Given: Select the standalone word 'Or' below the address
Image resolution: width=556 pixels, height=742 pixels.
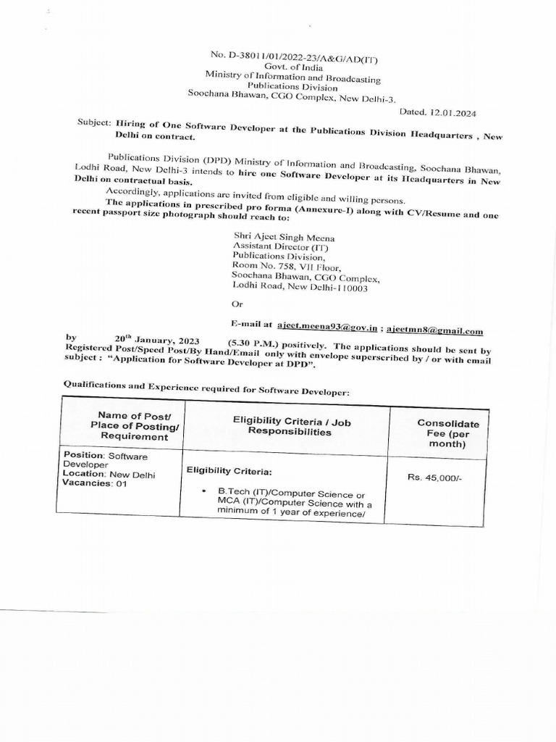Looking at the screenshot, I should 238,304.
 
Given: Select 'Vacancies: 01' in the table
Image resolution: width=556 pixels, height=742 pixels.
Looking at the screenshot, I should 94,484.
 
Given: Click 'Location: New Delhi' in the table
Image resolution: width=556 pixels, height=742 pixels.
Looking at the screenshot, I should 109,475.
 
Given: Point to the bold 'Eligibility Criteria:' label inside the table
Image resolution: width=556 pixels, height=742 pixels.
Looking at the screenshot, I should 229,471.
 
